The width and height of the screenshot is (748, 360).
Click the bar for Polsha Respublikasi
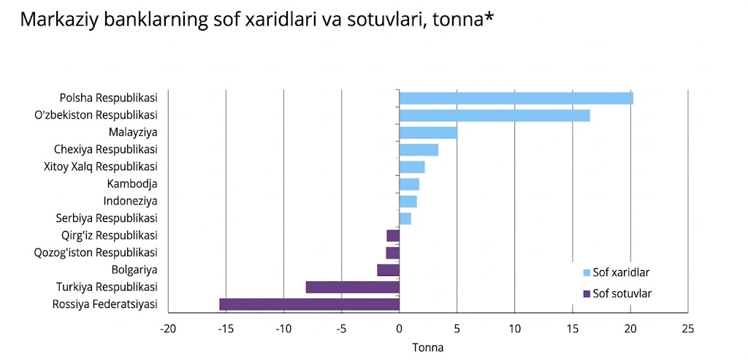pos(516,99)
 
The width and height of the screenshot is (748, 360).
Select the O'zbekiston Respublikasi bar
pos(495,115)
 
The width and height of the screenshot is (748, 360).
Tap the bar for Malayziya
pos(428,133)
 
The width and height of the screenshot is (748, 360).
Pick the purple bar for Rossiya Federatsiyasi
pos(309,305)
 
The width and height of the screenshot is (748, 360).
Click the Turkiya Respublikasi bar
pos(352,287)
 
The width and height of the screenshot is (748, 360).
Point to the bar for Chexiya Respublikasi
pos(419,150)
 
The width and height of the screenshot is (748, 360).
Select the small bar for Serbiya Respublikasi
pos(405,218)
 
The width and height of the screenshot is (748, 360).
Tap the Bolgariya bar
pos(388,270)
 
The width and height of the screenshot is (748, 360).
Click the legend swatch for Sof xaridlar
pos(586,273)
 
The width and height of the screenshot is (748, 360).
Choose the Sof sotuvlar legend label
pos(622,294)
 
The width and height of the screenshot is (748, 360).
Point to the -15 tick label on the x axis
pos(225,329)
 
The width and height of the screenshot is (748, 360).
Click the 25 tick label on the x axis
pos(687,329)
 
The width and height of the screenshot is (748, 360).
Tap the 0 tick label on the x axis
pos(399,329)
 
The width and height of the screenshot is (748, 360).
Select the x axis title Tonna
pos(428,348)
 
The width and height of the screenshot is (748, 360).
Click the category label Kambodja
pos(132,184)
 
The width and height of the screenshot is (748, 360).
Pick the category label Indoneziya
pos(131,201)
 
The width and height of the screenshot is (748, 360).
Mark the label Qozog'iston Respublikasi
pos(96,253)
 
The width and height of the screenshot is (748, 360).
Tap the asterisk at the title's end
pos(489,17)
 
